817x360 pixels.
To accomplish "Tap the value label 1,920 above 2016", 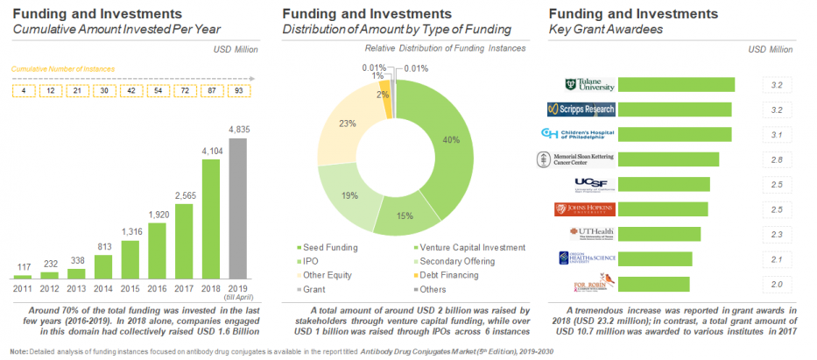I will click(x=158, y=213).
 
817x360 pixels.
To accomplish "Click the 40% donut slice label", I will click(x=451, y=140).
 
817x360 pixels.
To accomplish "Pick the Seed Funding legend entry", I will click(x=331, y=247).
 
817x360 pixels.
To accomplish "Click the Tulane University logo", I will click(x=589, y=85).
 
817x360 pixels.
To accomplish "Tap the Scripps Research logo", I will click(x=581, y=109).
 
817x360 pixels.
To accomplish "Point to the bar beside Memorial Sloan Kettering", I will click(x=668, y=159).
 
